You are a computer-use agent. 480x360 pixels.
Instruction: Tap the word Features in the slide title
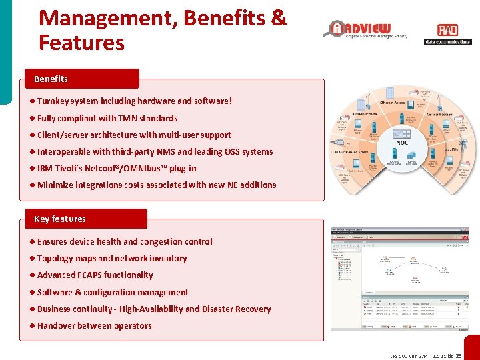click(81, 43)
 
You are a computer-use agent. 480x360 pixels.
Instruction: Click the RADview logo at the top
click(367, 29)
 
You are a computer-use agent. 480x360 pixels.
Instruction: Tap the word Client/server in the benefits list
click(65, 135)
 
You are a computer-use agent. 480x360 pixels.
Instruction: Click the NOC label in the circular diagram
click(402, 142)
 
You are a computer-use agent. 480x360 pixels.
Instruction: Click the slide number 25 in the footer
click(458, 356)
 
